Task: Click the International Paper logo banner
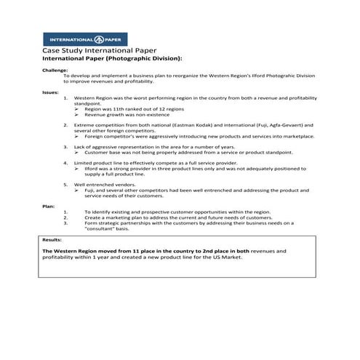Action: [84, 39]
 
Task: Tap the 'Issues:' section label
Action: [50, 92]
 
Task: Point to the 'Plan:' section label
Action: [48, 206]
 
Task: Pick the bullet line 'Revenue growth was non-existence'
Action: [121, 115]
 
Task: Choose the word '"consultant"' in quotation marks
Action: [105, 228]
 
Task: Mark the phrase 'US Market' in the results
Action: [231, 257]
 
